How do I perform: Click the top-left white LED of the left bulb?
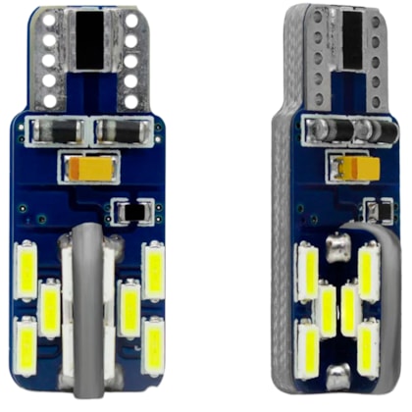(x=28, y=270)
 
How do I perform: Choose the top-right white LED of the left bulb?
(x=154, y=270)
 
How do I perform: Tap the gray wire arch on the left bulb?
(x=89, y=294)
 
